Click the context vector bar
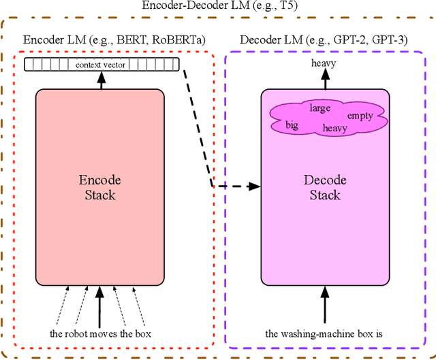pyautogui.click(x=101, y=65)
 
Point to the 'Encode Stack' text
pyautogui.click(x=100, y=188)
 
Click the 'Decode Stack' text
pyautogui.click(x=325, y=188)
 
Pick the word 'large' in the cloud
pyautogui.click(x=320, y=108)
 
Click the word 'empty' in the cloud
pyautogui.click(x=360, y=116)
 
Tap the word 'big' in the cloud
pyautogui.click(x=292, y=125)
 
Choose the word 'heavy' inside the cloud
pyautogui.click(x=334, y=128)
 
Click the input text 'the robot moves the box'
pyautogui.click(x=99, y=333)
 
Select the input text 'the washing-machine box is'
pyautogui.click(x=324, y=333)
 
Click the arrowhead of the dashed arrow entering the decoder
pyautogui.click(x=257, y=185)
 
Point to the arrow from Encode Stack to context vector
pyautogui.click(x=101, y=80)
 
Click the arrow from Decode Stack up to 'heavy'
pyautogui.click(x=325, y=79)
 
